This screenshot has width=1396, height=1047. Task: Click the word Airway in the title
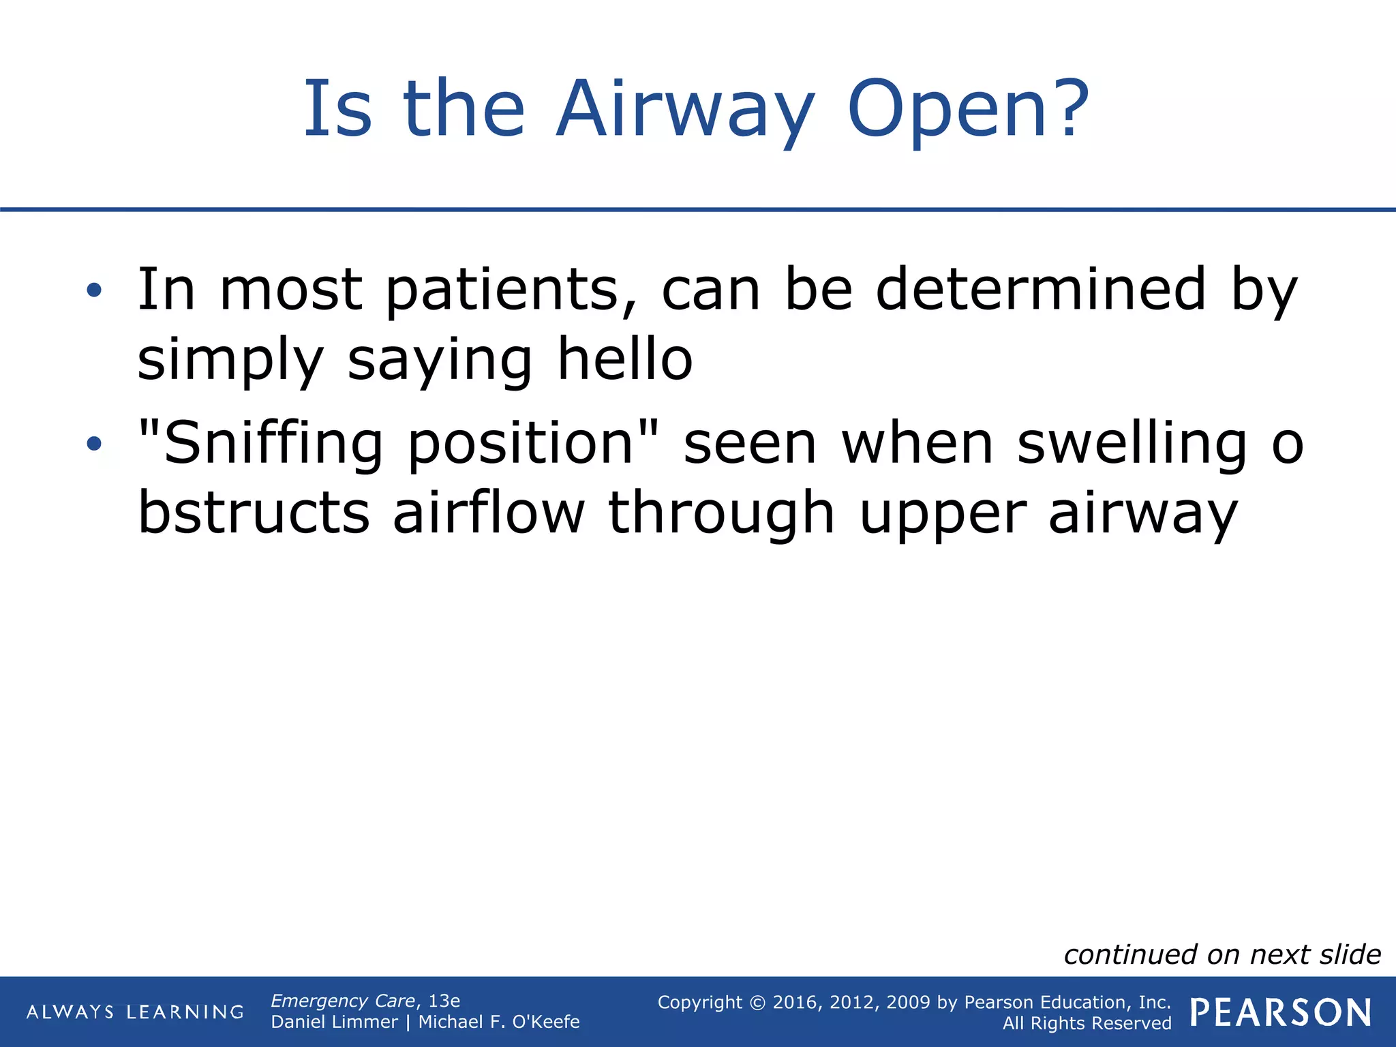pyautogui.click(x=684, y=109)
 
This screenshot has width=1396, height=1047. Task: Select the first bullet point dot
pyautogui.click(x=94, y=291)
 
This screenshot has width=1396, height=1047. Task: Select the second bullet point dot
pyautogui.click(x=94, y=444)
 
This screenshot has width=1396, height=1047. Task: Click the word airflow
pyautogui.click(x=488, y=513)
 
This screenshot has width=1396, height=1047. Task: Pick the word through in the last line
pyautogui.click(x=720, y=513)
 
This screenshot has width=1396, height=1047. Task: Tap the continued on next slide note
pyautogui.click(x=1221, y=954)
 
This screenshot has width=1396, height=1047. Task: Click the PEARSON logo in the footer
pyautogui.click(x=1280, y=1012)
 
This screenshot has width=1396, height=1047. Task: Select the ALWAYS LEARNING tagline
pyautogui.click(x=135, y=1012)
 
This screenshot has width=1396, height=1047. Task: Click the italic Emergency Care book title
pyautogui.click(x=342, y=1001)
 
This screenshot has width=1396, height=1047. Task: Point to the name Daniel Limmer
pyautogui.click(x=334, y=1022)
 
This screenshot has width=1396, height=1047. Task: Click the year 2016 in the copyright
pyautogui.click(x=795, y=1002)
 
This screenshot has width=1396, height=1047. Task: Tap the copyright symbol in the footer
pyautogui.click(x=757, y=1003)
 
